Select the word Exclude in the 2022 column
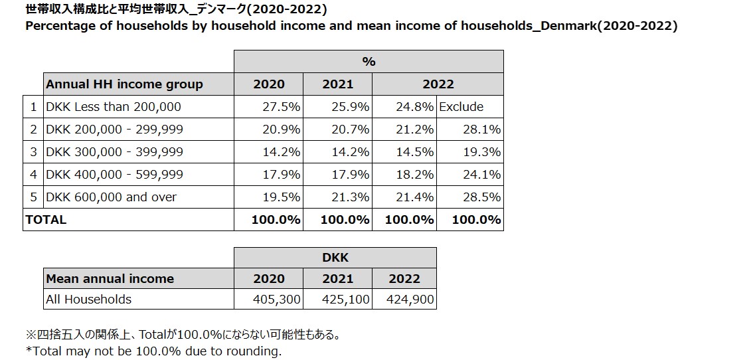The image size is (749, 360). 460,107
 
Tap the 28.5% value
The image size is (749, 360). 483,197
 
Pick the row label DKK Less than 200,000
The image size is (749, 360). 114,107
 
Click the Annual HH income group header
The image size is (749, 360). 124,84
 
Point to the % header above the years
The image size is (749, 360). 369,62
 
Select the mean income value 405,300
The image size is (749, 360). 277,300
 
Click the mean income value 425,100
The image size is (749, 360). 346,300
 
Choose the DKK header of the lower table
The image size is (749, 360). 335,258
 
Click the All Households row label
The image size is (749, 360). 88,300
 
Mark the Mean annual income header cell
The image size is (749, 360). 110,279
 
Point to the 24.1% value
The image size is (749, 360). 483,175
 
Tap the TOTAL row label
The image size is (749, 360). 46,219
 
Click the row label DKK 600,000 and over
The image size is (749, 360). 112,197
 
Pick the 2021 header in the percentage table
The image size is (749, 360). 337,84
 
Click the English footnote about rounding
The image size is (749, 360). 154,351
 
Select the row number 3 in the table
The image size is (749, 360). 33,152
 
